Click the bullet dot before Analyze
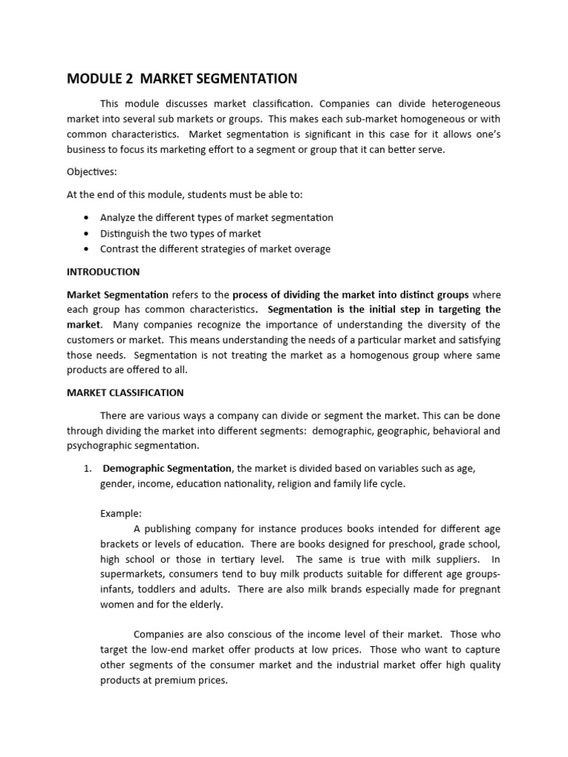tap(87, 218)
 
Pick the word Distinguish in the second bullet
tap(125, 234)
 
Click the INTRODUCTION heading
tap(103, 272)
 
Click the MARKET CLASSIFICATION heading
tap(125, 393)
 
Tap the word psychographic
tap(100, 446)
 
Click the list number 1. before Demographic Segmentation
tap(87, 469)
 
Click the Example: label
tap(121, 514)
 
